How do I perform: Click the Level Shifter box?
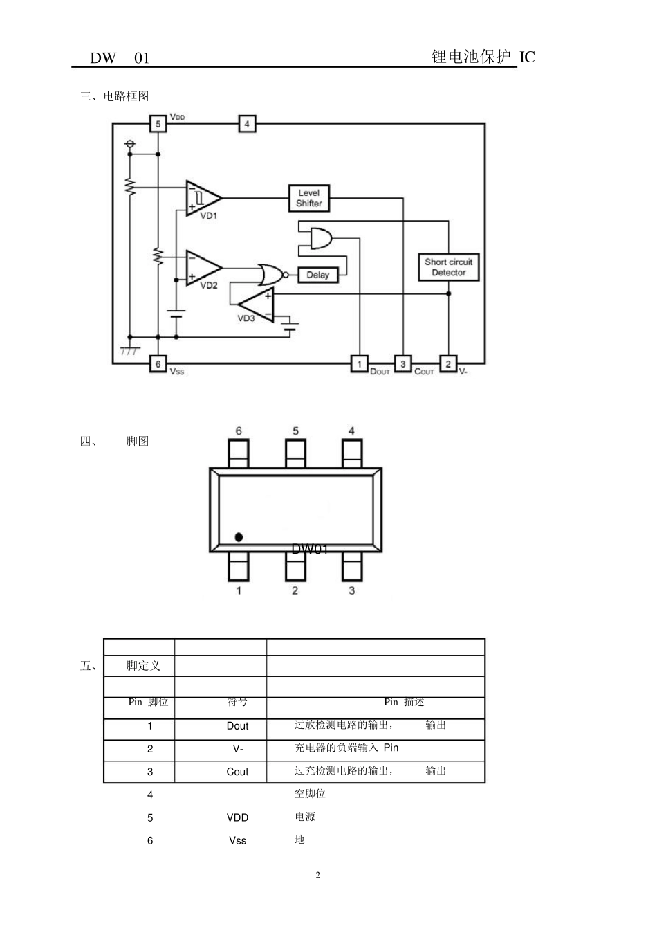[x=308, y=198]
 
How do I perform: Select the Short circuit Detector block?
[x=448, y=267]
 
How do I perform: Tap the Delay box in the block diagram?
[x=317, y=275]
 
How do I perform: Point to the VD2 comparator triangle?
[x=202, y=268]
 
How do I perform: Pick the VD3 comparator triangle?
[x=257, y=304]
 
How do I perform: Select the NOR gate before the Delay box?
[x=270, y=275]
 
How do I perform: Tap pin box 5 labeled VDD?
[x=158, y=124]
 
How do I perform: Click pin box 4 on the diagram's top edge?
[x=247, y=124]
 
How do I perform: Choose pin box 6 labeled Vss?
[x=158, y=363]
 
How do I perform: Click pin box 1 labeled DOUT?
[x=359, y=363]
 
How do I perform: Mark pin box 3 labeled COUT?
[x=402, y=363]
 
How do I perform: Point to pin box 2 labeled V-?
[x=448, y=363]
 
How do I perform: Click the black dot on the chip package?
[x=239, y=536]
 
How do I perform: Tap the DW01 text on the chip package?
[x=309, y=549]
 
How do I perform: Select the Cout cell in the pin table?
[x=237, y=772]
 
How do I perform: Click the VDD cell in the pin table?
[x=237, y=817]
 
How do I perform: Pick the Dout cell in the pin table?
[x=237, y=726]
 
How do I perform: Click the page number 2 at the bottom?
[x=318, y=875]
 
